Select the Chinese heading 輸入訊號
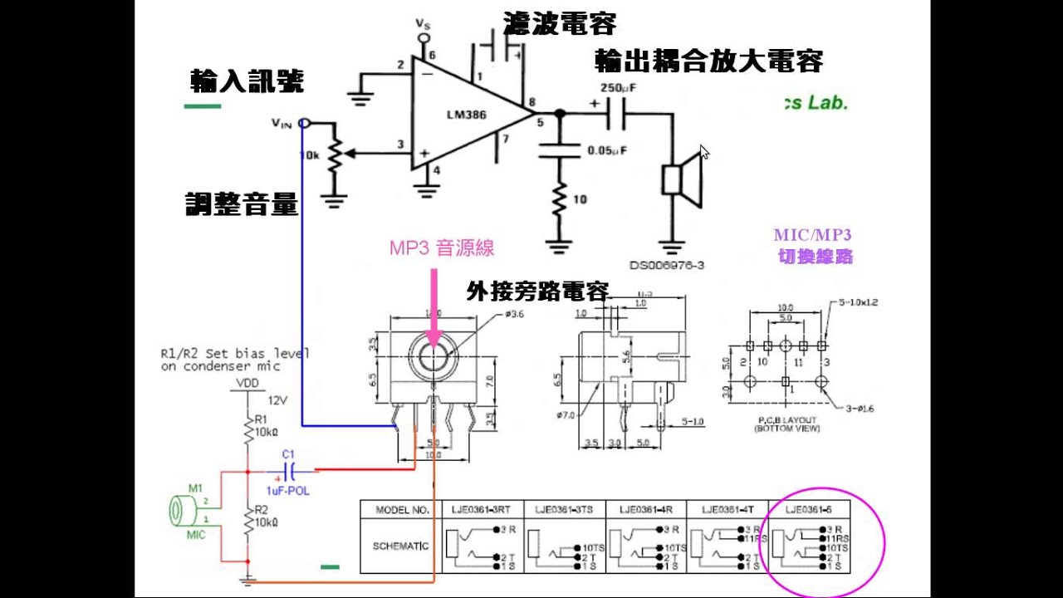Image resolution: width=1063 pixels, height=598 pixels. coord(247,81)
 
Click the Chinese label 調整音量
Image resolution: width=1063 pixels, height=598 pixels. coord(241,204)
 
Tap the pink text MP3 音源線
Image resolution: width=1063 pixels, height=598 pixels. coord(441,248)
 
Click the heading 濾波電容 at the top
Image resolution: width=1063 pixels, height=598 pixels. coord(559,24)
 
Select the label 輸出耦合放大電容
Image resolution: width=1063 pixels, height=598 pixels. coord(708,61)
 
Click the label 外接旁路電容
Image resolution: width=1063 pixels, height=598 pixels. coord(537,292)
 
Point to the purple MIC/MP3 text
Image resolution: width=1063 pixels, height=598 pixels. coord(813,235)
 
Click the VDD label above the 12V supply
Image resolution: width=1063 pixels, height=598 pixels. coord(247,383)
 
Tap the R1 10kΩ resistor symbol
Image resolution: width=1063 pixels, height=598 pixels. coord(247,429)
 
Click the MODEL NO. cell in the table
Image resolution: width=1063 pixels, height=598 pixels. coord(402,509)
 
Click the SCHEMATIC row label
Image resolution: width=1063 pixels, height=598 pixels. coord(402,546)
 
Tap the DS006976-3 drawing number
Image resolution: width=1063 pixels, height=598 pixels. coord(666,265)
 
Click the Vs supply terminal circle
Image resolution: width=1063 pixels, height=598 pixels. coord(424,38)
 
